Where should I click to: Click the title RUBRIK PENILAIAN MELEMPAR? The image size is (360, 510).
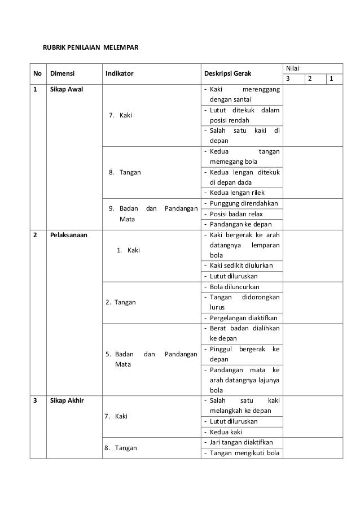[90, 46]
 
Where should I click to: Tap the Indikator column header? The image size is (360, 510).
[119, 73]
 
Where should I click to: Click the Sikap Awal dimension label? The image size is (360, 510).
[67, 90]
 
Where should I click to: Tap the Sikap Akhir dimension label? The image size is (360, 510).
[67, 400]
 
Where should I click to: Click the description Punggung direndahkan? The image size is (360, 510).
[244, 203]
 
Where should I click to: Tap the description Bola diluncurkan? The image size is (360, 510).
[234, 286]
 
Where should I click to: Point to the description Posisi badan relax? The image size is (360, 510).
[236, 214]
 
